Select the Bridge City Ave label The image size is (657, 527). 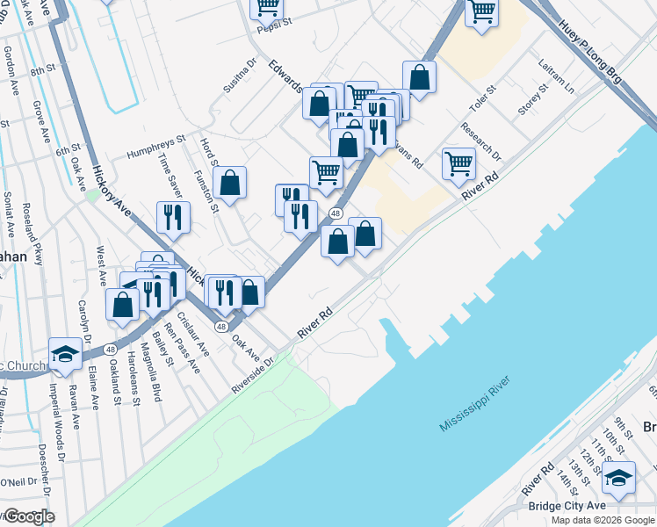[567, 506]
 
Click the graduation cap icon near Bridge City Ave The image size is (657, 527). [619, 477]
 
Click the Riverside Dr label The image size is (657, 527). [253, 375]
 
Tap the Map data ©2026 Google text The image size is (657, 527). [603, 520]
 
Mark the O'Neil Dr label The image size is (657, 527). [17, 481]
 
